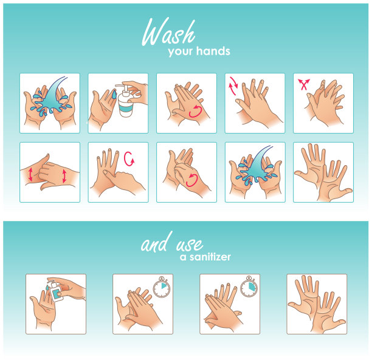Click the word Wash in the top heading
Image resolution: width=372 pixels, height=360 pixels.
pos(169,32)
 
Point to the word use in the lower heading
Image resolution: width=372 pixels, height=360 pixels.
pos(190,244)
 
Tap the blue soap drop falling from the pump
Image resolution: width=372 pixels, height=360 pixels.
pos(114,94)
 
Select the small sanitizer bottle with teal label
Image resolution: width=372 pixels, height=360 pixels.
pos(56,291)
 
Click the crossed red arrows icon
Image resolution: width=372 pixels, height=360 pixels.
pos(304,84)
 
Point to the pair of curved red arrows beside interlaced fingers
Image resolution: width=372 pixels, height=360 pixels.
pos(233,86)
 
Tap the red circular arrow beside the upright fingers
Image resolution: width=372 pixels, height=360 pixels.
pos(129,158)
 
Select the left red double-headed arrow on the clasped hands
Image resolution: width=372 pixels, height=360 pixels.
pos(30,174)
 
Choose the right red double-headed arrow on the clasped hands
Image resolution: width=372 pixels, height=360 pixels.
pos(64,176)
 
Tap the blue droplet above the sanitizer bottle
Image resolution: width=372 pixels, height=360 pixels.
pos(47,288)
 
